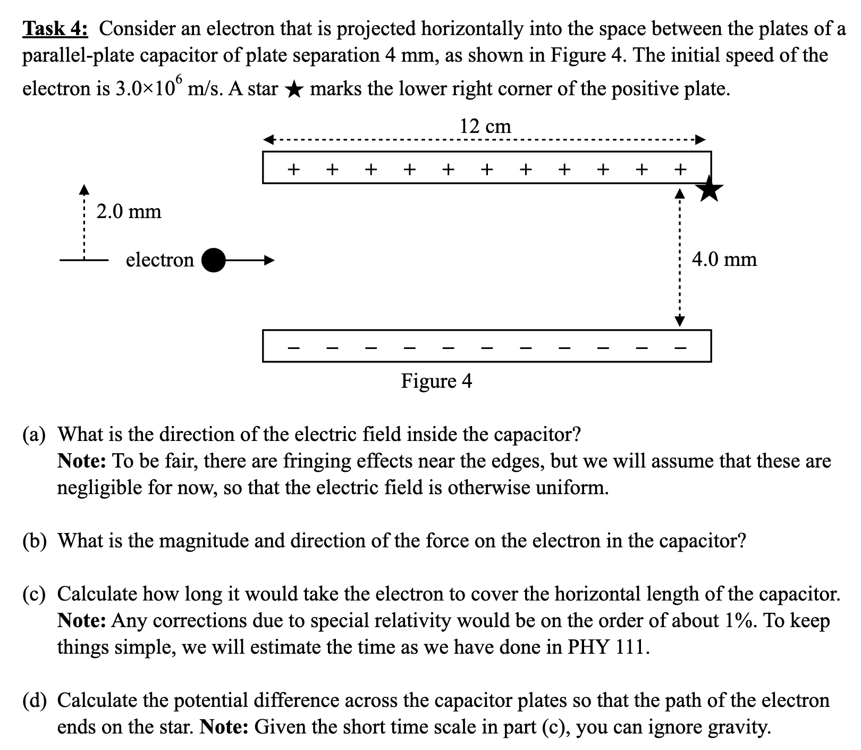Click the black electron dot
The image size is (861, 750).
[x=214, y=260]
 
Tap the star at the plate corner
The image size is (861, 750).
[x=711, y=189]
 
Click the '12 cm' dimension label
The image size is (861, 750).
[x=485, y=126]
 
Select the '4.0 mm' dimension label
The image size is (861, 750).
[x=724, y=259]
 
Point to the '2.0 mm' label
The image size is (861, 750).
[x=129, y=211]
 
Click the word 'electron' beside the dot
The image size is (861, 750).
[x=159, y=260]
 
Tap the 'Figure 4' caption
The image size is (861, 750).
[x=436, y=381]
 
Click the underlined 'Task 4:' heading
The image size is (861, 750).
[x=55, y=29]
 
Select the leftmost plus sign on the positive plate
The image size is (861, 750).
[x=293, y=170]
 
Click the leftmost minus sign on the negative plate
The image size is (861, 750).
[x=293, y=348]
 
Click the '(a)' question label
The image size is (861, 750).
[x=34, y=435]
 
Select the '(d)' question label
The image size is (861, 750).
[x=34, y=701]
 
